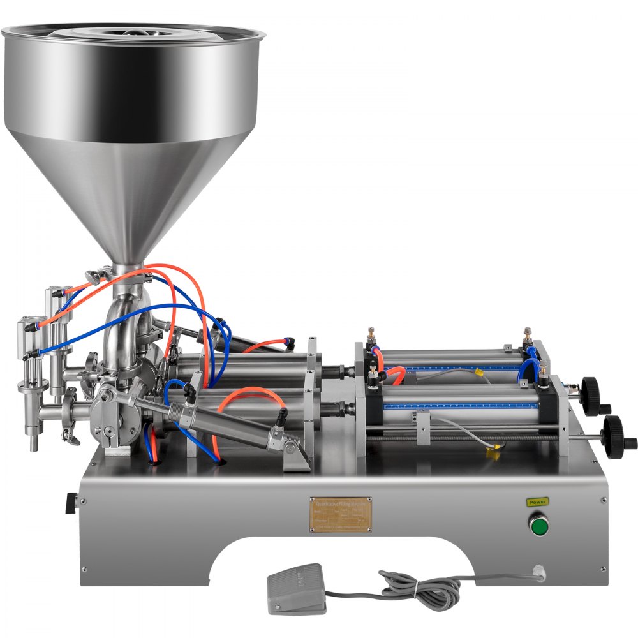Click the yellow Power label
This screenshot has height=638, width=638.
[x=537, y=501]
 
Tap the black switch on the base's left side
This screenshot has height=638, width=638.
[x=69, y=503]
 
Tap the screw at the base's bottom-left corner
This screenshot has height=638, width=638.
[x=83, y=569]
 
